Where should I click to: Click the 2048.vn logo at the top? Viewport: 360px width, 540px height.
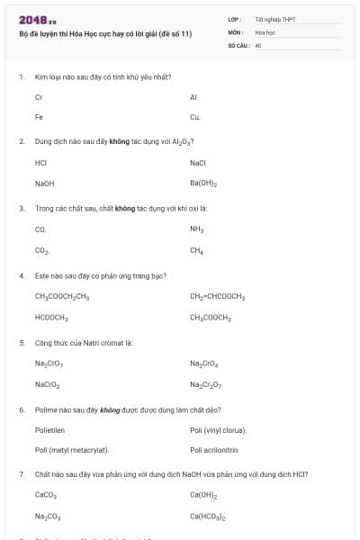coord(38,19)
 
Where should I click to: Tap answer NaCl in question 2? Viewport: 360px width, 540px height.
coord(198,163)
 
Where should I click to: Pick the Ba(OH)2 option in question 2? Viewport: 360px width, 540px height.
coord(203,183)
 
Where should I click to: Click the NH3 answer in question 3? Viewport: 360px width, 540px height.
coord(197,229)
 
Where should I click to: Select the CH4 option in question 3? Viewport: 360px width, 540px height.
coord(196,250)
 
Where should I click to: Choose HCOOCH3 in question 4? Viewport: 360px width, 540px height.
coord(51,317)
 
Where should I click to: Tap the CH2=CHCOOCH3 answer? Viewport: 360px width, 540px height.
coord(218,295)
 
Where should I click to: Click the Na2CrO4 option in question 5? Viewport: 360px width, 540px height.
coord(204,364)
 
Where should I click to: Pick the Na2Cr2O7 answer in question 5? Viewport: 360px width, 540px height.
coord(205,384)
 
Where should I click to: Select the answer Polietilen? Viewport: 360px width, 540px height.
coord(49,430)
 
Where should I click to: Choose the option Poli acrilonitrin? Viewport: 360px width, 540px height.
coord(214,449)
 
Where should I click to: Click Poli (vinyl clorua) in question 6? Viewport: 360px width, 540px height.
coord(218,430)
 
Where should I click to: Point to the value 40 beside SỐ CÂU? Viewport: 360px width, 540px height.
coord(258,44)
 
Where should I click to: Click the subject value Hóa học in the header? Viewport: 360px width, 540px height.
coord(265,31)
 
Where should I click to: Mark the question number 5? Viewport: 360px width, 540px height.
coord(22,342)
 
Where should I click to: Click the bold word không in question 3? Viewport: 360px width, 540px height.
coord(124,208)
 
